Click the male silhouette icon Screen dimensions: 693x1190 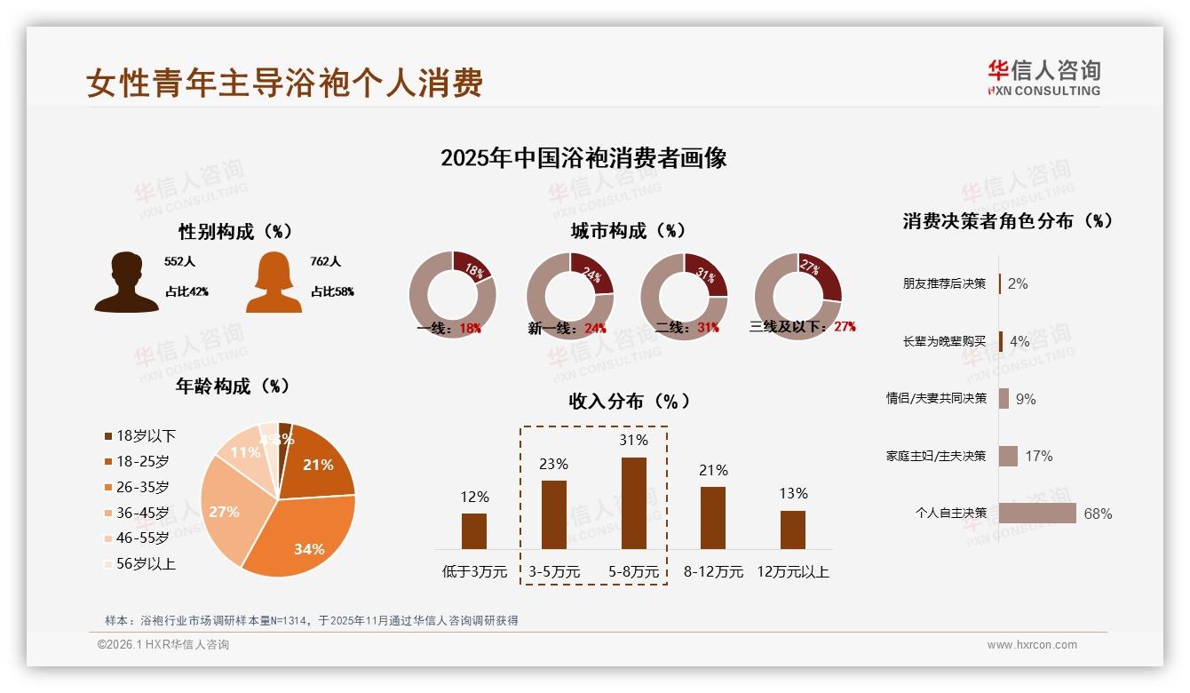click(x=126, y=283)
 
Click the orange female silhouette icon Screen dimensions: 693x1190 click(x=274, y=283)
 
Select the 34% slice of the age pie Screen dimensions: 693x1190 click(x=302, y=538)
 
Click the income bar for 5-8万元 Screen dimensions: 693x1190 click(x=634, y=503)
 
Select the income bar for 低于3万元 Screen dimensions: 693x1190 click(x=474, y=530)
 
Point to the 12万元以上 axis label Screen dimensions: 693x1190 click(x=792, y=572)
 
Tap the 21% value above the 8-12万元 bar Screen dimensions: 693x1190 click(x=713, y=470)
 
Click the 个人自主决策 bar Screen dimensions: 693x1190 click(x=1037, y=514)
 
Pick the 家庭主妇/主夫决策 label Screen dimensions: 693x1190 click(x=935, y=456)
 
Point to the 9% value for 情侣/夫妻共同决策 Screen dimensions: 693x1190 click(x=1026, y=399)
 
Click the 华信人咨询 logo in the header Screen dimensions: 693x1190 click(x=1043, y=78)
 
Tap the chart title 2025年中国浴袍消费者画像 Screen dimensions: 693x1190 click(x=583, y=158)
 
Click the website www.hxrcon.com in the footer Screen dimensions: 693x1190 click(x=1032, y=645)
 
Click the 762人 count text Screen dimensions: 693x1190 click(x=326, y=261)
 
